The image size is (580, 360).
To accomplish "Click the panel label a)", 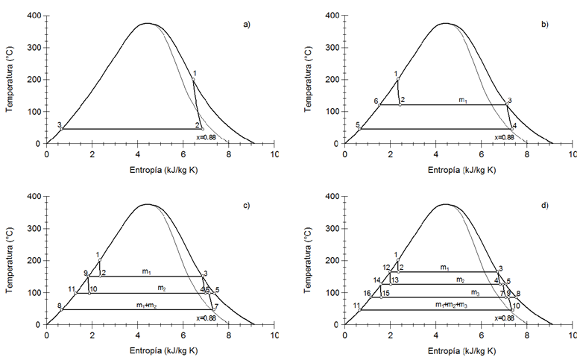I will click(x=247, y=25).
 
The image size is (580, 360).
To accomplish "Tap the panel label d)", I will click(x=544, y=205).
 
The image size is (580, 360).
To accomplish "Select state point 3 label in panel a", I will click(x=59, y=124).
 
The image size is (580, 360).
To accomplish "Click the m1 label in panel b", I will click(x=462, y=99).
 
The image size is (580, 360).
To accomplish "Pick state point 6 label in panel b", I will click(x=376, y=101).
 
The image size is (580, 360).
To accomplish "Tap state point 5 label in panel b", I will click(x=358, y=124).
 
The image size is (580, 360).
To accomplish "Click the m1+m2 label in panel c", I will click(x=151, y=305).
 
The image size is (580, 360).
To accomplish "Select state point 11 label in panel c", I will click(x=72, y=289).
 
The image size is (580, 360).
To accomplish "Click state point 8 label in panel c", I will click(x=59, y=306).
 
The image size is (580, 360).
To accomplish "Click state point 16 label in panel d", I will click(x=368, y=294).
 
